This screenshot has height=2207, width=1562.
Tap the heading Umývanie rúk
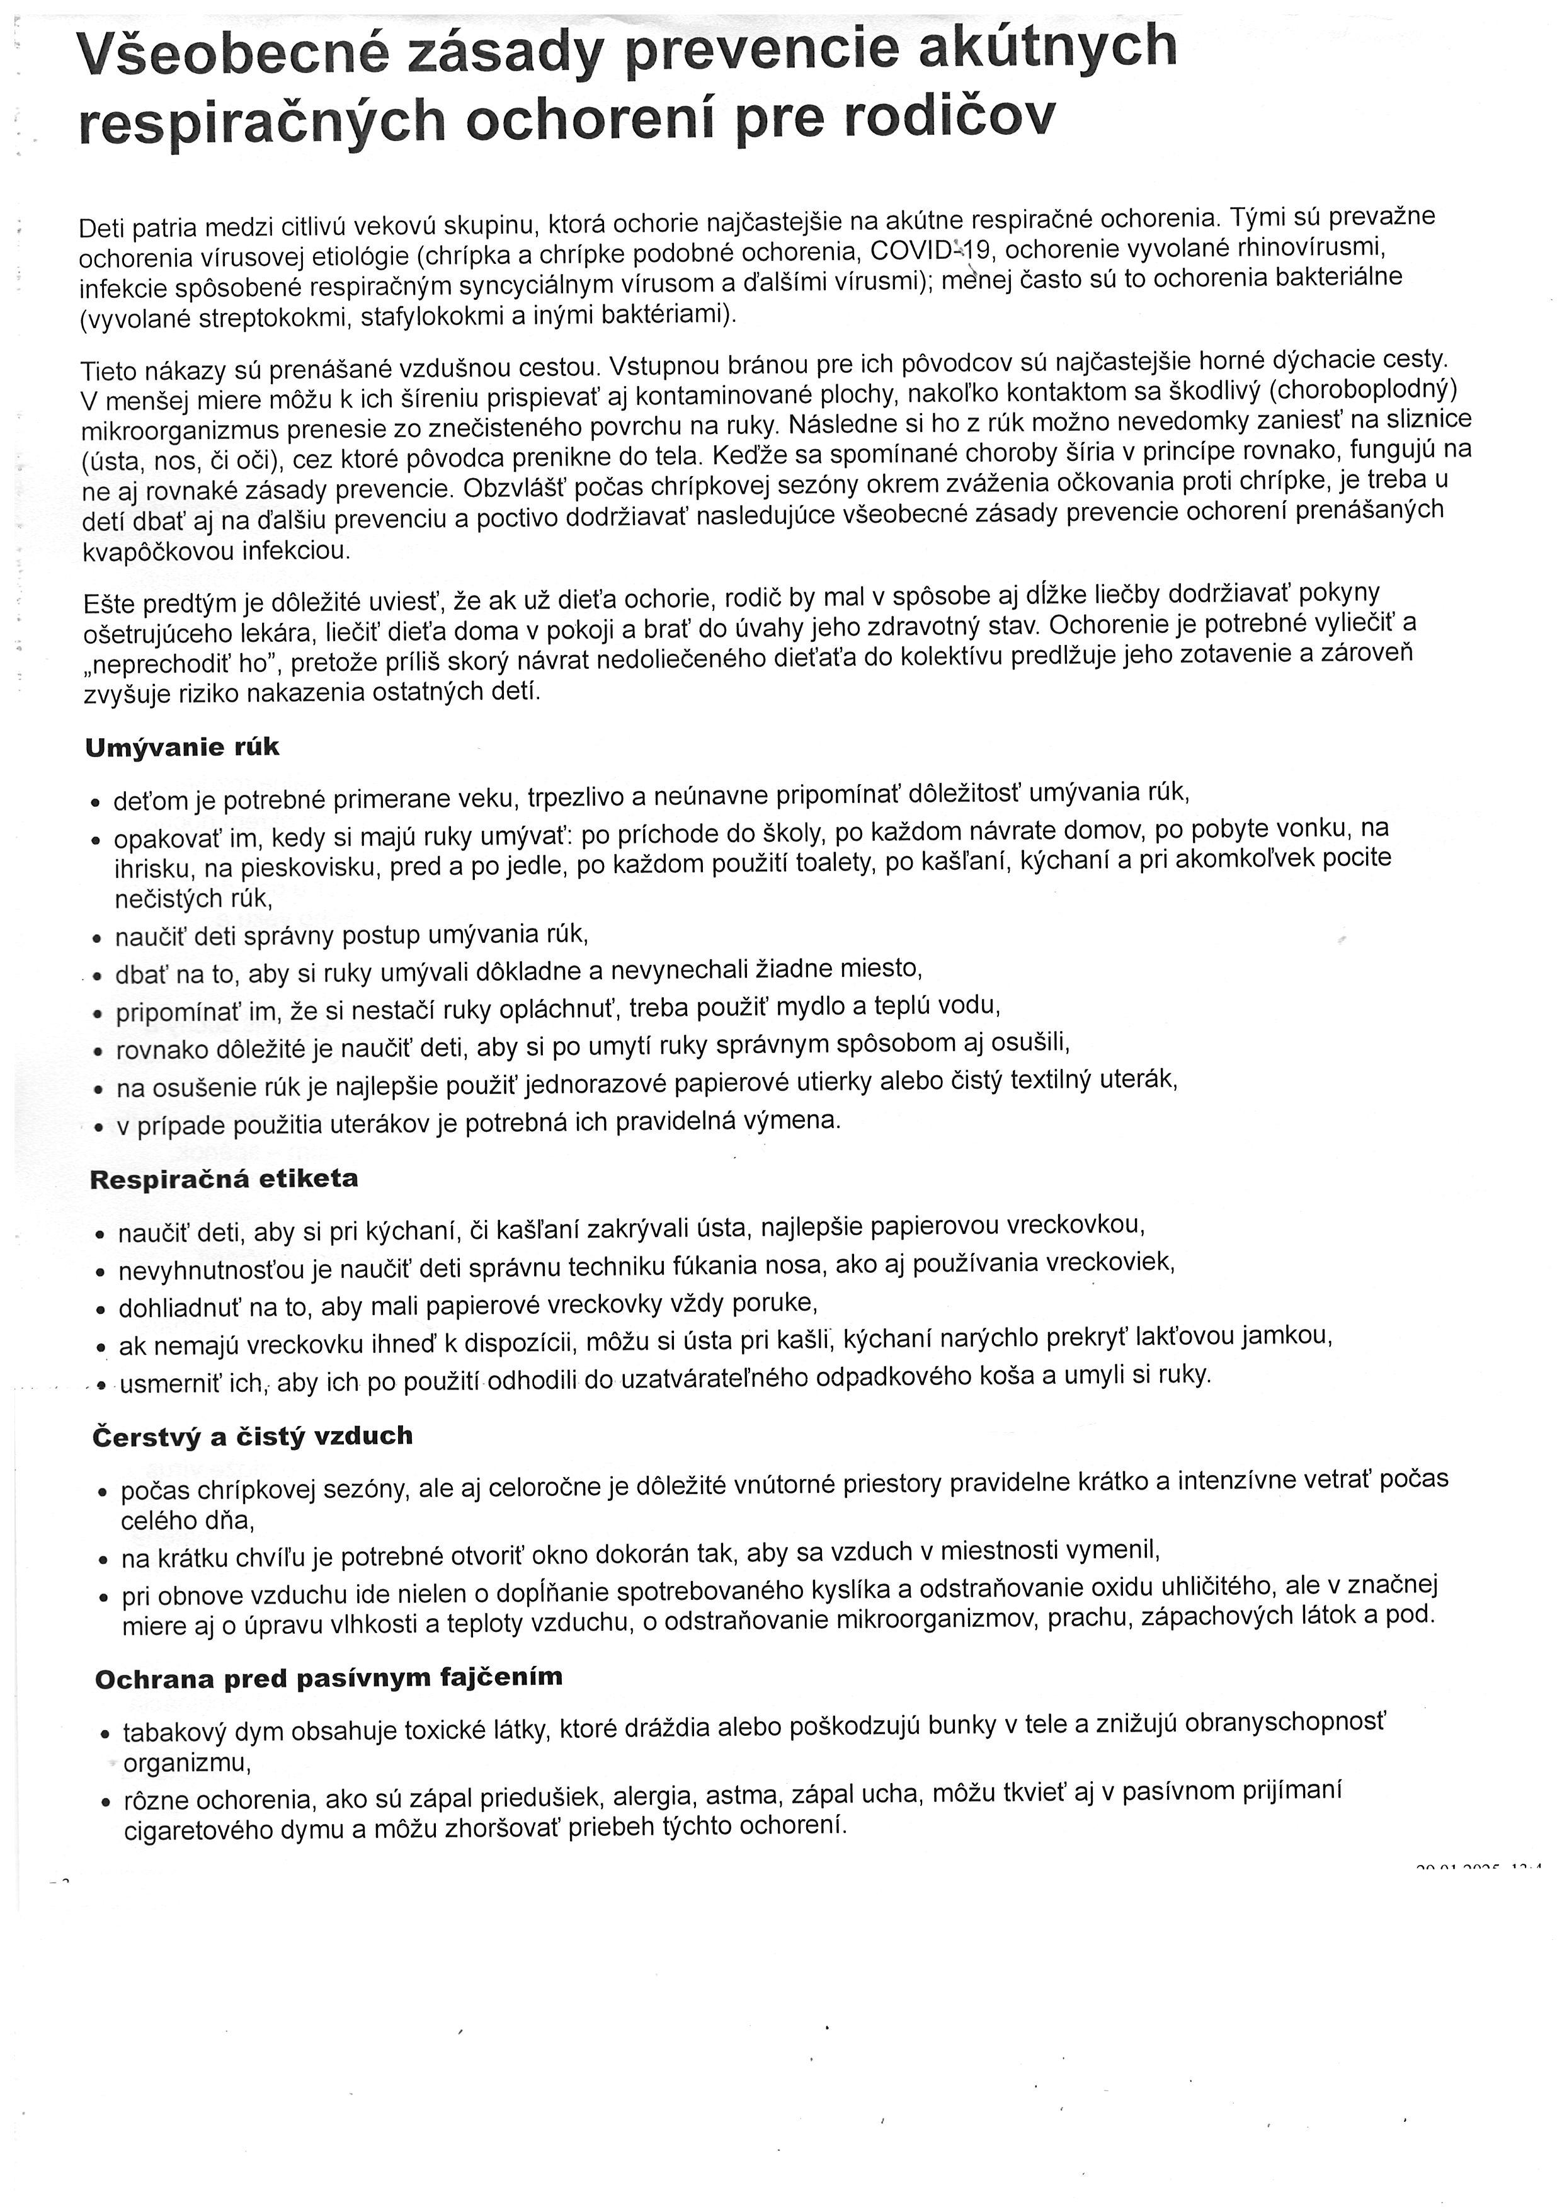[x=183, y=747]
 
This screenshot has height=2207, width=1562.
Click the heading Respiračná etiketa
[x=224, y=1179]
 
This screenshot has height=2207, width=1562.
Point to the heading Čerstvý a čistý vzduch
[x=253, y=1436]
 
